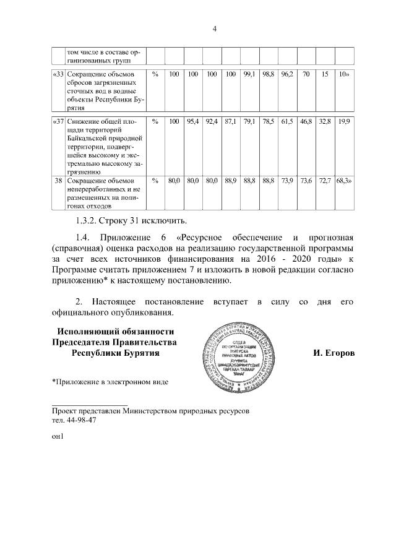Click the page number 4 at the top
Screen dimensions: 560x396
click(x=214, y=28)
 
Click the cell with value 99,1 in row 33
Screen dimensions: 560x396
click(x=250, y=74)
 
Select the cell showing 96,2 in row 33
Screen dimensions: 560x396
click(x=286, y=74)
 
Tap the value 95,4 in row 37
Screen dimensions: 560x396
click(x=193, y=121)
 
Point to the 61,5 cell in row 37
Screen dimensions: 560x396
click(x=286, y=121)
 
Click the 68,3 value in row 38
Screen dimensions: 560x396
click(x=343, y=180)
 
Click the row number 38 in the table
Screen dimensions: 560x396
click(x=58, y=180)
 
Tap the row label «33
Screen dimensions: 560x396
click(x=58, y=74)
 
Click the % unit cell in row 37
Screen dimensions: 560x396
click(x=155, y=121)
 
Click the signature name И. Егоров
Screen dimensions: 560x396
click(x=334, y=353)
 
